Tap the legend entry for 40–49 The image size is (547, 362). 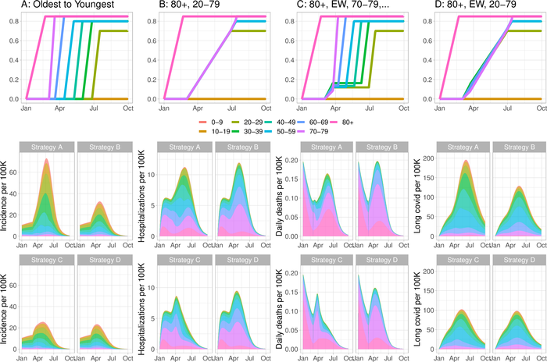(x=299, y=122)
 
